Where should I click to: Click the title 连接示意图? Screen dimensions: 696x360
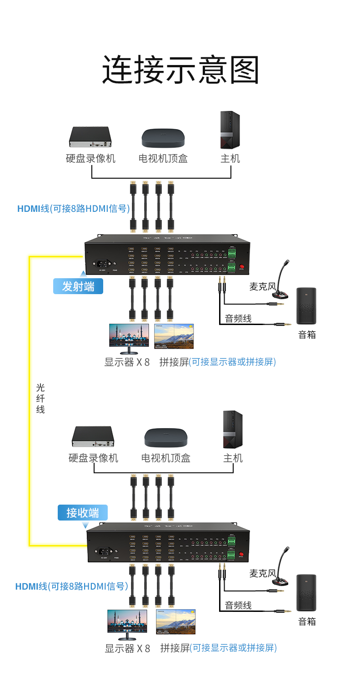[x=180, y=70]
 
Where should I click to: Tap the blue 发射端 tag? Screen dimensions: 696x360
[x=78, y=286]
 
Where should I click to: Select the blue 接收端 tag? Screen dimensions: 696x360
[x=83, y=512]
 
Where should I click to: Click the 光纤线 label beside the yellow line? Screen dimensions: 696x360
[x=40, y=399]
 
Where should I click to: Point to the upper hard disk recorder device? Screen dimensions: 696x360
[x=90, y=137]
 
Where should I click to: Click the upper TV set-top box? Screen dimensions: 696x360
[x=163, y=138]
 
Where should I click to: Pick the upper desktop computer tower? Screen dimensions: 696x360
[x=230, y=130]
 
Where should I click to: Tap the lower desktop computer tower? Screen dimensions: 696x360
[x=233, y=430]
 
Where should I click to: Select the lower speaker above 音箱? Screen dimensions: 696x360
[x=306, y=593]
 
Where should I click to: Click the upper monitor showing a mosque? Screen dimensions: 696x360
[x=129, y=337]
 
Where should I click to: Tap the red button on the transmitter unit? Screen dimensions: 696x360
[x=241, y=267]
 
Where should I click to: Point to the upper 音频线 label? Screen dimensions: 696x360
[x=238, y=318]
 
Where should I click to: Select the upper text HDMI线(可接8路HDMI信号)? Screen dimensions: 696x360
[x=74, y=209]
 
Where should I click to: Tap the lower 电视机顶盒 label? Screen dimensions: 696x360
[x=166, y=458]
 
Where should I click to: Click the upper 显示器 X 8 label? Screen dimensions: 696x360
[x=127, y=362]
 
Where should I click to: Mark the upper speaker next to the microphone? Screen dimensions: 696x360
[x=306, y=306]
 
